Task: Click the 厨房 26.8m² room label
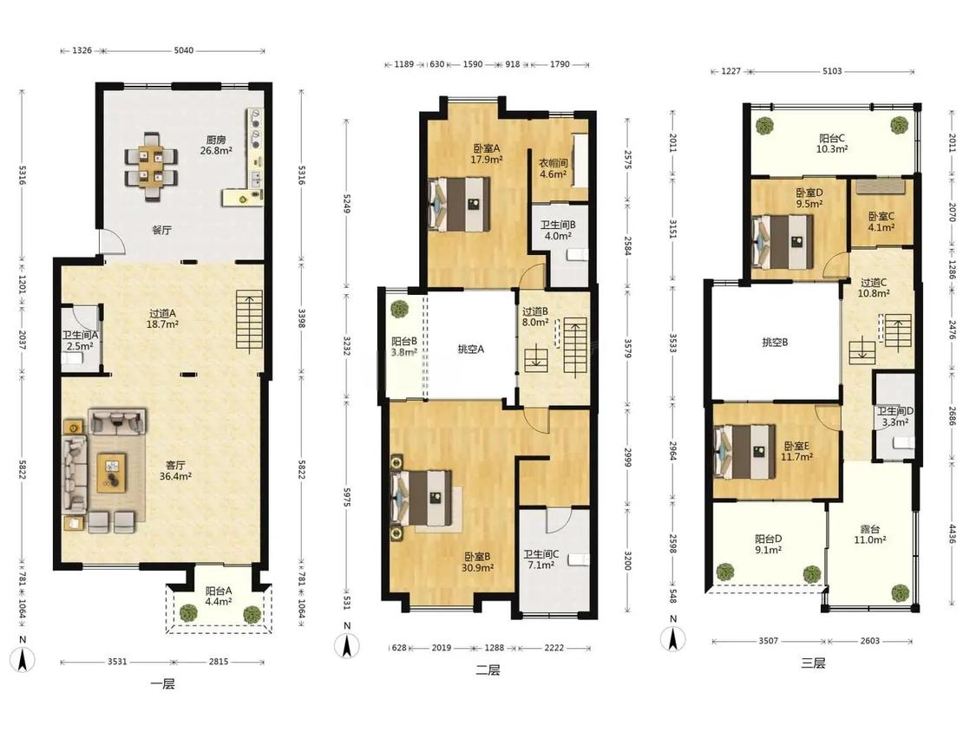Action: [216, 145]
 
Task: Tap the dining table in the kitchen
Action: [152, 167]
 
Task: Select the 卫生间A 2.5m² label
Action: [80, 341]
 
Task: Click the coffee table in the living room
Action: [111, 473]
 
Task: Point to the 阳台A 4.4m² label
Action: [219, 596]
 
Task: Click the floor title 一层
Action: [162, 683]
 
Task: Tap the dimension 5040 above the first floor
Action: [184, 50]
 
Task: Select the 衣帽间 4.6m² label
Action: [553, 168]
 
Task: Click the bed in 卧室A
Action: [459, 204]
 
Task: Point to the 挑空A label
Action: [470, 350]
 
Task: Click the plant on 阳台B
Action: [399, 309]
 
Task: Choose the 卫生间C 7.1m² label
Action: [540, 559]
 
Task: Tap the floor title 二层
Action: [488, 670]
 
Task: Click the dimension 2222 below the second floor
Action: [554, 647]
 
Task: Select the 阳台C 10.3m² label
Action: [832, 144]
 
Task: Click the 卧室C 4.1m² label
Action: [881, 221]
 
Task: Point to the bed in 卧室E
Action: [744, 452]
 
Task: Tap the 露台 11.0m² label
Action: [869, 534]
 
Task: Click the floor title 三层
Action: [813, 663]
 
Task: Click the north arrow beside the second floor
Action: [347, 645]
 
